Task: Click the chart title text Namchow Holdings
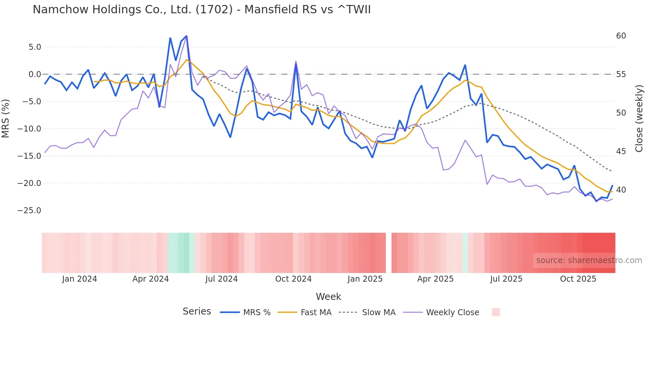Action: [201, 10]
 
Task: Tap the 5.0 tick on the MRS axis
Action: [35, 47]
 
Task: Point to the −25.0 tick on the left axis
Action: [29, 211]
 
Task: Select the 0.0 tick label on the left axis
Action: [35, 74]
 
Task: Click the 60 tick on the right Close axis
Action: [621, 36]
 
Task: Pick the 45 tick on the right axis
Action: [621, 151]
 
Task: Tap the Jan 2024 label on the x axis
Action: [80, 279]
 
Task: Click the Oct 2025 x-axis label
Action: [578, 279]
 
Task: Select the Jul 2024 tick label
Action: [221, 279]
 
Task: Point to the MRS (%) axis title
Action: [6, 118]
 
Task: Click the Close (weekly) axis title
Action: [639, 118]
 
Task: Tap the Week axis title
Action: [328, 297]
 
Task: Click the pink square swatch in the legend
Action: [496, 312]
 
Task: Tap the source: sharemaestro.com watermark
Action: [589, 260]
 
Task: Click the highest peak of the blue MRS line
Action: [186, 36]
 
